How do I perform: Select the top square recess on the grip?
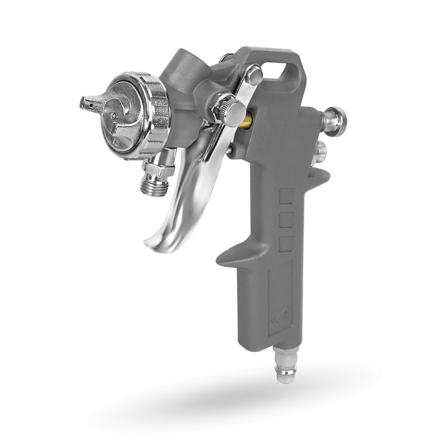click(x=286, y=196)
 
